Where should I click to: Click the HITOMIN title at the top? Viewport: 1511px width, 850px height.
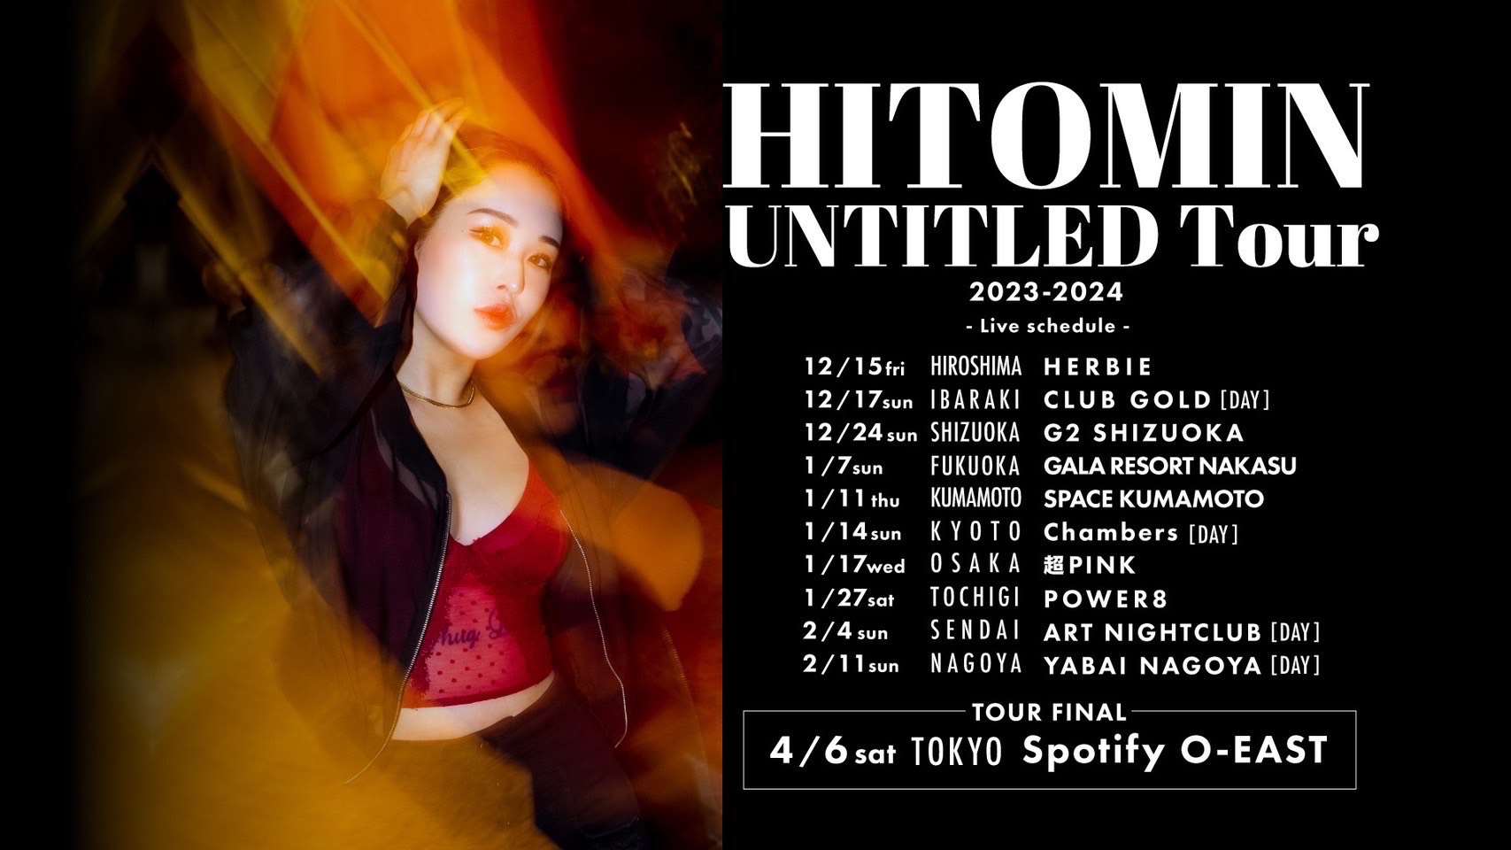[x=1047, y=137]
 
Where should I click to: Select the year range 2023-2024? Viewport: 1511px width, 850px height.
[x=1046, y=291]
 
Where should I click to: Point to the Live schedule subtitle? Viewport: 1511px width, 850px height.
[x=1046, y=326]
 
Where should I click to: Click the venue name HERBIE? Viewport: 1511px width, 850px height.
[x=1098, y=367]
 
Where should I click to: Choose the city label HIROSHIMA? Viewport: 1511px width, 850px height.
[x=975, y=367]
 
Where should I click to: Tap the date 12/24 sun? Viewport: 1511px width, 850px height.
[x=860, y=433]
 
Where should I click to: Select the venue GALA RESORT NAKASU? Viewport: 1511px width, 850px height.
[x=1169, y=466]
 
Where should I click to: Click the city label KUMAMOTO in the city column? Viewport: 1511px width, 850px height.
[x=975, y=498]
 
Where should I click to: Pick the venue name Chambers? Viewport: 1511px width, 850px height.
[x=1111, y=532]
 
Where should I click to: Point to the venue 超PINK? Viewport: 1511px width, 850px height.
[x=1090, y=565]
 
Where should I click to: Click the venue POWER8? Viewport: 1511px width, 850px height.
[x=1106, y=599]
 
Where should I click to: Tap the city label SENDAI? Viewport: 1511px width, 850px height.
[x=975, y=631]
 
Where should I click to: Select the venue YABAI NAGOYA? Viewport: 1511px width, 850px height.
[x=1153, y=665]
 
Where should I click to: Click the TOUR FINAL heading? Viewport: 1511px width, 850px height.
[x=1049, y=712]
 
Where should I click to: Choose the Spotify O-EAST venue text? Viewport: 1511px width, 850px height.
[x=1175, y=751]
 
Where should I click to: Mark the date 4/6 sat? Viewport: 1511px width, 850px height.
[x=832, y=752]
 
